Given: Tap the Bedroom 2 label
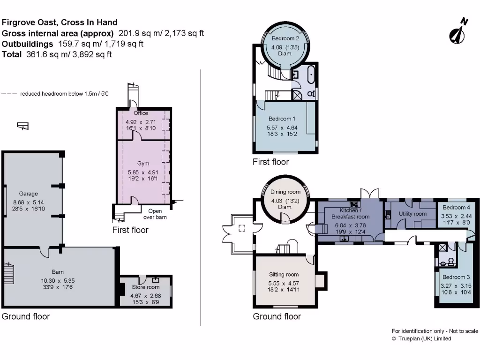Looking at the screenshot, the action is pyautogui.click(x=285, y=38).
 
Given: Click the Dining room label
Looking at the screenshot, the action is pyautogui.click(x=285, y=192).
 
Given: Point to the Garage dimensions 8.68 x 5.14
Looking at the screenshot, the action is pyautogui.click(x=29, y=202).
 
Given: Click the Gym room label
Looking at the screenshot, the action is pyautogui.click(x=143, y=164).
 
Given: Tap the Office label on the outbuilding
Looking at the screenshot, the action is pyautogui.click(x=141, y=113).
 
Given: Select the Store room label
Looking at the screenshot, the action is pyautogui.click(x=146, y=287).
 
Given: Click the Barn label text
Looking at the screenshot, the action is pyautogui.click(x=58, y=272).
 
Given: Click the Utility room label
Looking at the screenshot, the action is pyautogui.click(x=412, y=214).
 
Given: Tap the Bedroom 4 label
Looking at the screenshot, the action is pyautogui.click(x=456, y=208).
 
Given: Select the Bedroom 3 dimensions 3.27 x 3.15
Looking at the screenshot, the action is pyautogui.click(x=456, y=286).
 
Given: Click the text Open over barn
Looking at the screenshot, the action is pyautogui.click(x=155, y=214).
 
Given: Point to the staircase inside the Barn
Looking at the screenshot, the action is pyautogui.click(x=9, y=273).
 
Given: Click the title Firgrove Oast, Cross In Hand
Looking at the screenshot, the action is pyautogui.click(x=60, y=22).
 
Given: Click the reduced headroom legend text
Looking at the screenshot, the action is pyautogui.click(x=64, y=94).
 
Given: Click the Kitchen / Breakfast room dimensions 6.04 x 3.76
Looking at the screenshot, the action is pyautogui.click(x=351, y=225).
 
